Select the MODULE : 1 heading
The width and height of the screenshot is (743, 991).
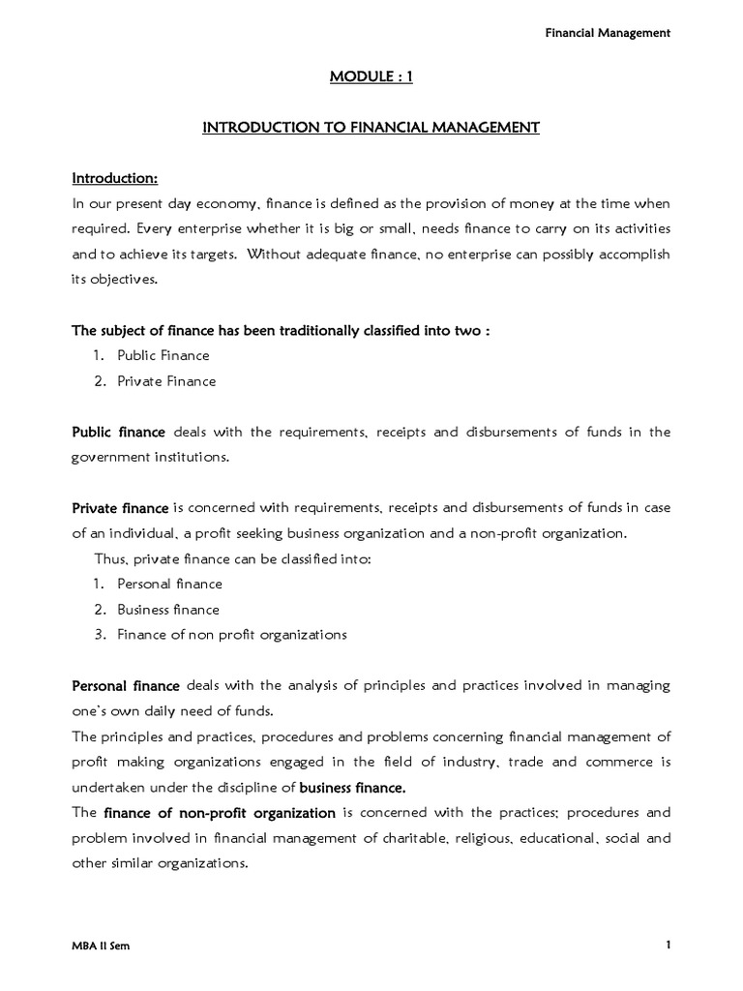[371, 76]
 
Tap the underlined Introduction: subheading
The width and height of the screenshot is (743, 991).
[115, 179]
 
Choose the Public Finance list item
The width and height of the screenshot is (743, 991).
[163, 355]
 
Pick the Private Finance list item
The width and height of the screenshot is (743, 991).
[166, 380]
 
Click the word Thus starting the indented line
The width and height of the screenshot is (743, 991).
[109, 558]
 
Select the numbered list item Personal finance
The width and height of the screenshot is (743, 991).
[169, 584]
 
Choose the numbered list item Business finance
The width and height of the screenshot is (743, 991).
[168, 610]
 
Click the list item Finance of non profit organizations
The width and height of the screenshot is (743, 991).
[231, 635]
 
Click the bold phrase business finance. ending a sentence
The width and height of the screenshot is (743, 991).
[352, 787]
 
